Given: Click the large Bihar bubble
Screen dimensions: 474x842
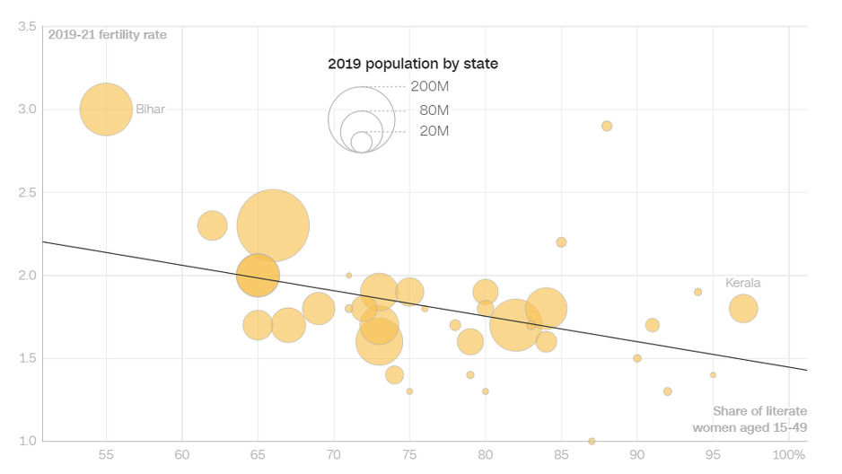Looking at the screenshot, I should pos(106,110).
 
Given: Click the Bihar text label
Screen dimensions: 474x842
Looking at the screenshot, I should pos(151,110).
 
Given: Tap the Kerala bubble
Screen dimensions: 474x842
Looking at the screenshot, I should pos(743,309).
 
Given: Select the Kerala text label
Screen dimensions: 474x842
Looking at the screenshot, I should pos(743,283).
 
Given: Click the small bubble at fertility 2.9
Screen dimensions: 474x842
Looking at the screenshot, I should pos(607,126).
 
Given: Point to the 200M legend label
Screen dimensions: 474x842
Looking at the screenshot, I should pos(429,87).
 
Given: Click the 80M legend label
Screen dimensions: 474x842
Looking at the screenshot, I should pos(434,110).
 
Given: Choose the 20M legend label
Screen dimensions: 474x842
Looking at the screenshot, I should pos(434,131).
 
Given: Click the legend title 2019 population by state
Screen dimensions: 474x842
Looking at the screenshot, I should pos(413,64).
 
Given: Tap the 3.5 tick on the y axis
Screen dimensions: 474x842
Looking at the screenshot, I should pos(27,27).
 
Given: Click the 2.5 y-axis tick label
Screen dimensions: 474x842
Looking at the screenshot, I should pos(27,192).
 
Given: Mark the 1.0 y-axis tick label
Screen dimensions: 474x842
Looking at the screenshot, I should pos(27,441).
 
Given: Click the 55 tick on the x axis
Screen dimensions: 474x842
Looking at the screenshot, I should pos(106,455).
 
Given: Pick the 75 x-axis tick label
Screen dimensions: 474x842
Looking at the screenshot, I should pos(409,455).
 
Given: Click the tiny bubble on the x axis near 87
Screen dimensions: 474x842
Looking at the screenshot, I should pos(592,441).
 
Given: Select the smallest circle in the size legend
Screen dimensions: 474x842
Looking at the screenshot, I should pos(362,142).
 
